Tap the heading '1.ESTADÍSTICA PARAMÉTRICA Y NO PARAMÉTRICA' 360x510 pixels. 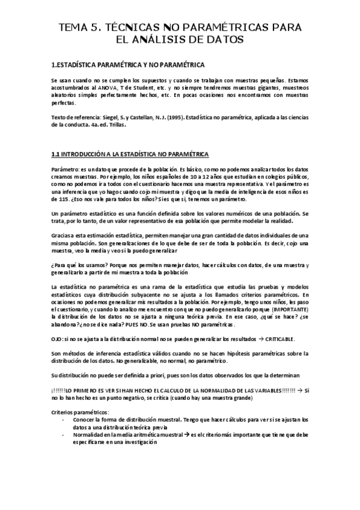pyautogui.click(x=128, y=64)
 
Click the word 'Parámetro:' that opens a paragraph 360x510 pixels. pyautogui.click(x=66, y=170)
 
